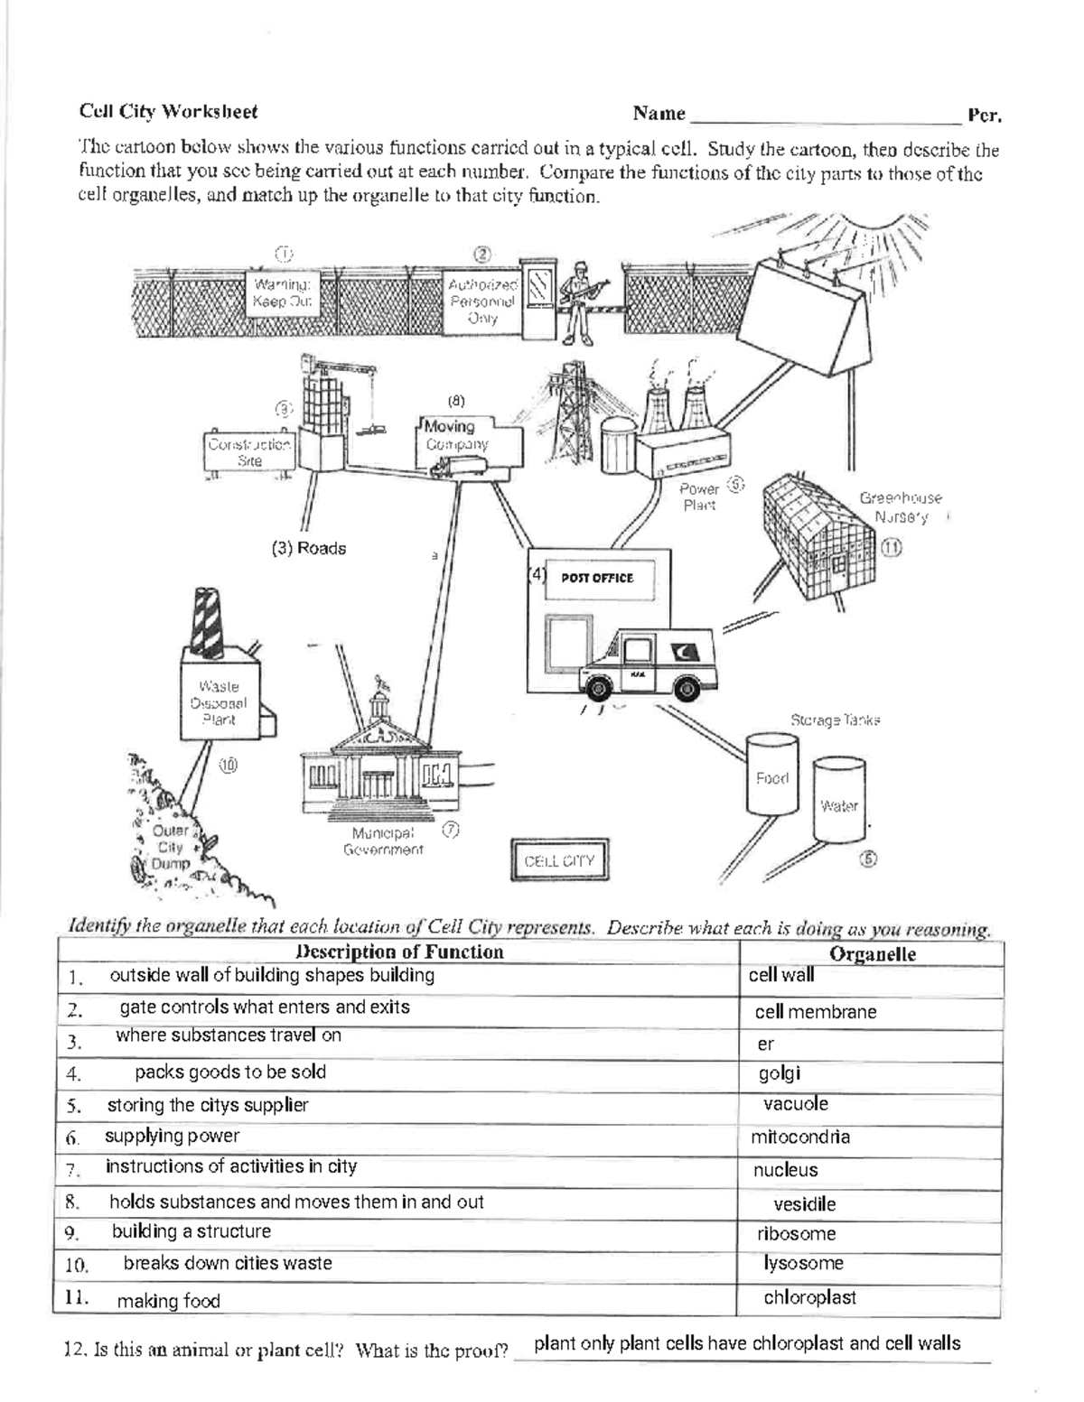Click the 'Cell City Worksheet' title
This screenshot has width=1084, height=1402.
click(x=168, y=112)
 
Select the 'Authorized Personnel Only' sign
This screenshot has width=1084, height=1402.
click(x=482, y=301)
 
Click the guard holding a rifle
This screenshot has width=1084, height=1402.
click(x=575, y=303)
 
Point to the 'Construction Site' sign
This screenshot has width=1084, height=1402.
click(x=249, y=452)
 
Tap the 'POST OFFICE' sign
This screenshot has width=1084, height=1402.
click(x=597, y=578)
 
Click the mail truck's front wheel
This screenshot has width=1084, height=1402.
click(x=596, y=688)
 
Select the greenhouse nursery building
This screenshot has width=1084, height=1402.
click(x=818, y=537)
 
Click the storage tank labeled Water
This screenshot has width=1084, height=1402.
click(x=839, y=804)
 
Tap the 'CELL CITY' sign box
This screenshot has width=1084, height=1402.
click(x=559, y=860)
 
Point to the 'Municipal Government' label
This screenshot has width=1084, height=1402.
click(x=383, y=841)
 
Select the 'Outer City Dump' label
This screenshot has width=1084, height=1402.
click(x=171, y=847)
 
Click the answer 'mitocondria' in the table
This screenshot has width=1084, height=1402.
click(x=799, y=1137)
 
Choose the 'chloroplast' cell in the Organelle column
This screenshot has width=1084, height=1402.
click(x=809, y=1297)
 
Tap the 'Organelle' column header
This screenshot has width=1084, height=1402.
click(x=872, y=954)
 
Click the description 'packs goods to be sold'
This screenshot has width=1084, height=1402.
click(x=230, y=1072)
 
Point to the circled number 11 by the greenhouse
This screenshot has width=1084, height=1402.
click(x=892, y=548)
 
